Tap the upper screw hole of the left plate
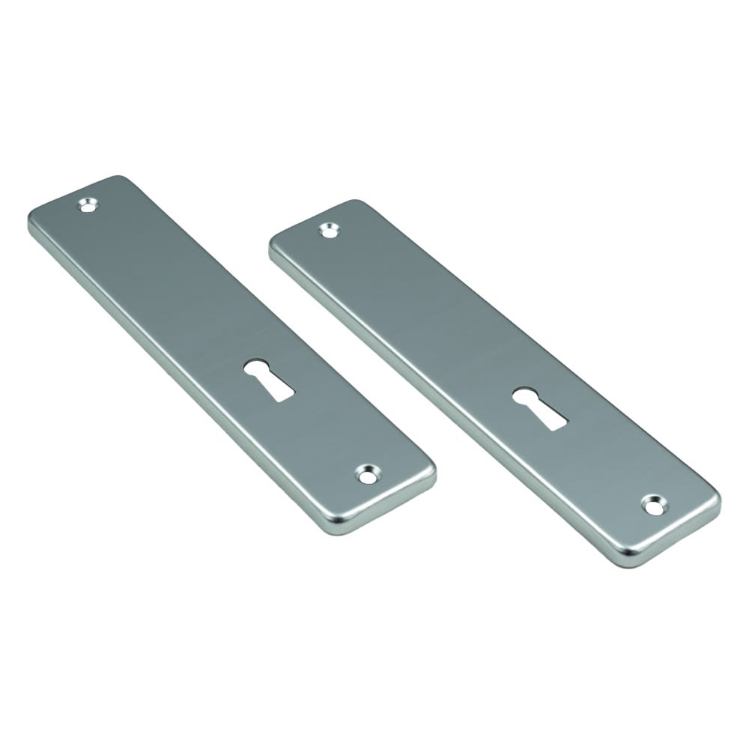click(90, 203)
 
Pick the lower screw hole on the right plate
click(652, 504)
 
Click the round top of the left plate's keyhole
click(255, 369)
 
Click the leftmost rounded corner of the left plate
click(31, 220)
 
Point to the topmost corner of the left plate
click(120, 178)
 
